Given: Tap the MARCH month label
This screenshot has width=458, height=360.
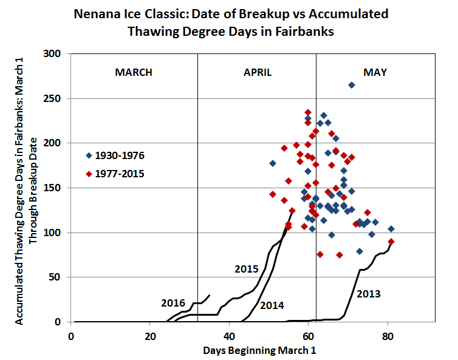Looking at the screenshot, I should pyautogui.click(x=134, y=73).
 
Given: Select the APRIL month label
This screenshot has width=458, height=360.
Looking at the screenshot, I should pyautogui.click(x=258, y=73).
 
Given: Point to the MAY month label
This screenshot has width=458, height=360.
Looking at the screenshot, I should pyautogui.click(x=375, y=73).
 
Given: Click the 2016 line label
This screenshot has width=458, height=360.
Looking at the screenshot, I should pyautogui.click(x=173, y=303).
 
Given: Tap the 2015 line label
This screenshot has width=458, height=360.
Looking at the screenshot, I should pyautogui.click(x=247, y=269).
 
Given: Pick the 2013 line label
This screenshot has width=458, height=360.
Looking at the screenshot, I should pyautogui.click(x=368, y=294).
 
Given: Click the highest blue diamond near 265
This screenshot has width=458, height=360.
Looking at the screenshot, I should pyautogui.click(x=352, y=85).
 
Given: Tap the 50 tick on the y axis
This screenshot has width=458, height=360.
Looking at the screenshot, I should pyautogui.click(x=61, y=277).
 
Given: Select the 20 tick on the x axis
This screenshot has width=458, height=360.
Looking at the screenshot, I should pyautogui.click(x=150, y=335).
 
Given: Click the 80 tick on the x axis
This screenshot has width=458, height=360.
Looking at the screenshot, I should pyautogui.click(x=387, y=335).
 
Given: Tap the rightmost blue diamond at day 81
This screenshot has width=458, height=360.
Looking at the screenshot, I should pyautogui.click(x=391, y=229).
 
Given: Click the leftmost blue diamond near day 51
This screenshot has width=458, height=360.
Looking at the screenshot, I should pyautogui.click(x=273, y=163).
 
